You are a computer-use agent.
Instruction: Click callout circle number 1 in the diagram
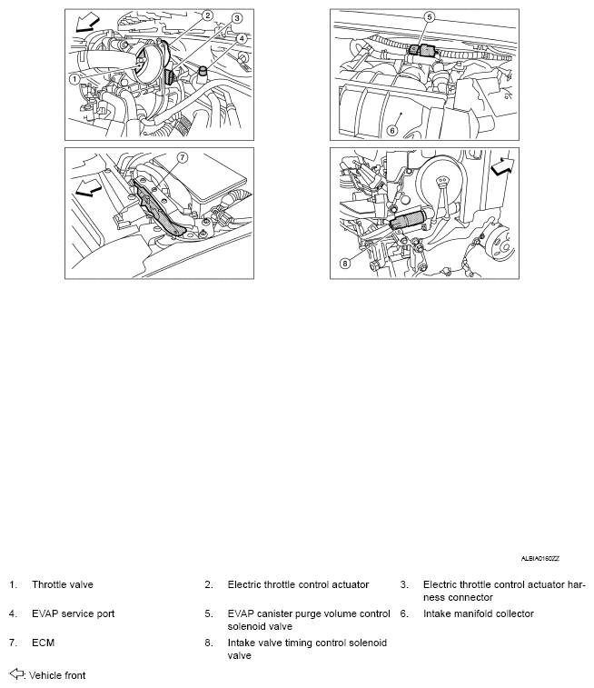click(72, 79)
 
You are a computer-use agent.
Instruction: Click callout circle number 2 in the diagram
click(207, 15)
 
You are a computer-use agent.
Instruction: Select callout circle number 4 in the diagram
click(242, 38)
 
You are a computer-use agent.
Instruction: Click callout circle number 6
click(392, 130)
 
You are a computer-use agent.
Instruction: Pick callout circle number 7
click(182, 157)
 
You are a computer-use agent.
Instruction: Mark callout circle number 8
click(344, 264)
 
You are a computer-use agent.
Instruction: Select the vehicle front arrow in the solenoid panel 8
click(500, 167)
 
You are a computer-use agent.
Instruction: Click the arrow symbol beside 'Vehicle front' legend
click(16, 674)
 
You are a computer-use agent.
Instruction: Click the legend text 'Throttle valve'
click(62, 584)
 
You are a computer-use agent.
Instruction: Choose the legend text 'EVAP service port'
click(73, 613)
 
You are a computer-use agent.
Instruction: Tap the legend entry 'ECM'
click(43, 643)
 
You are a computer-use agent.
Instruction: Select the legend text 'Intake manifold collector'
click(478, 613)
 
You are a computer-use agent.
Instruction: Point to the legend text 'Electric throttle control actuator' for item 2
click(298, 584)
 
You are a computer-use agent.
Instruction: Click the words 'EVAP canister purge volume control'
click(309, 613)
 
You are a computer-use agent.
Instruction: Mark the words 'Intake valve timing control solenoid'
click(307, 643)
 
